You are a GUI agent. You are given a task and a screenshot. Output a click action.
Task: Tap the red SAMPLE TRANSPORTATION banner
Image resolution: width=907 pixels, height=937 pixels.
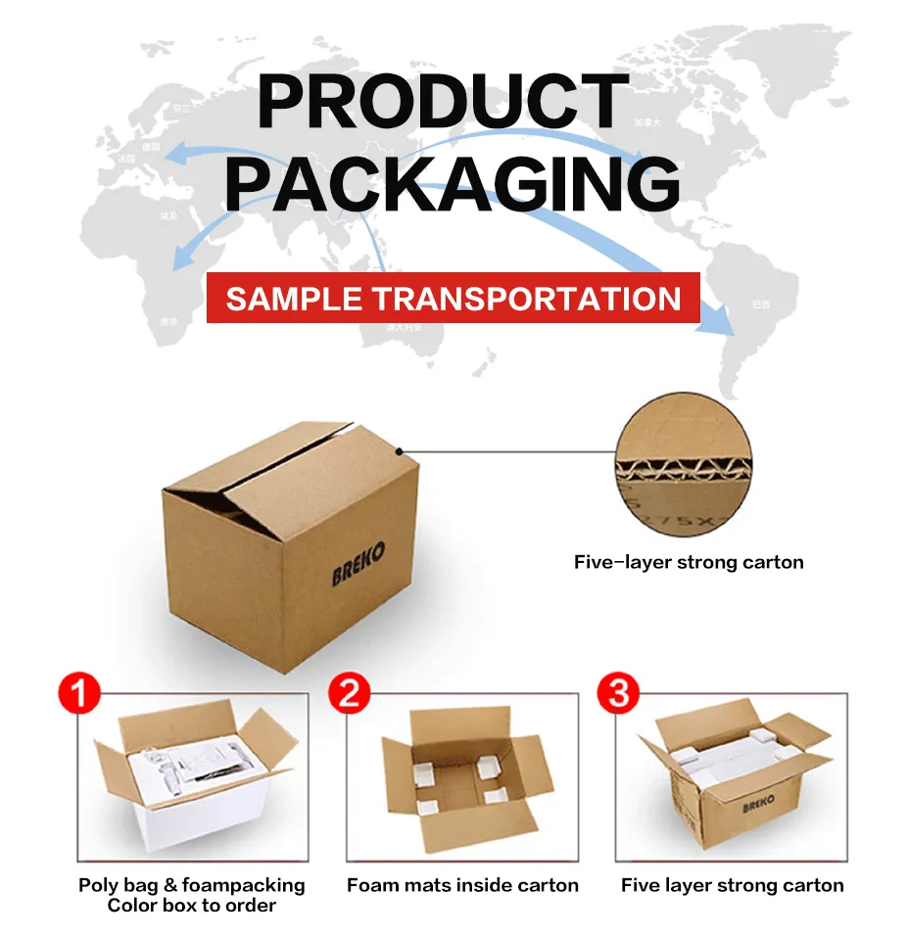[453, 298]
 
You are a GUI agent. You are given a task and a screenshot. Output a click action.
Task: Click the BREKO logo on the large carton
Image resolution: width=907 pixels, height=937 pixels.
[358, 563]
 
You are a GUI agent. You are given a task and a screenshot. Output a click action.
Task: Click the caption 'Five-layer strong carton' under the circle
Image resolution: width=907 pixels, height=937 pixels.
[689, 562]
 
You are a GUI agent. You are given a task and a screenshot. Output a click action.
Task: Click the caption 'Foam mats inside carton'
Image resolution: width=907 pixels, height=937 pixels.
[462, 885]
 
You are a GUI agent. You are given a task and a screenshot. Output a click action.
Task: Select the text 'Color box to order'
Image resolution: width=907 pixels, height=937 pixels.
[192, 906]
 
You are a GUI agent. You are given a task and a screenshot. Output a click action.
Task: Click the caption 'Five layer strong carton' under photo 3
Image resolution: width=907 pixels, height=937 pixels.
[732, 885]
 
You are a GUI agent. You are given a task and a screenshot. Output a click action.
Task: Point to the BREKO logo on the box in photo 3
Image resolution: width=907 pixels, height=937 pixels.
[758, 804]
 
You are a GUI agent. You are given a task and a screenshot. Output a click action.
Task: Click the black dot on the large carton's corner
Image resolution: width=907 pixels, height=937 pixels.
[400, 451]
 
